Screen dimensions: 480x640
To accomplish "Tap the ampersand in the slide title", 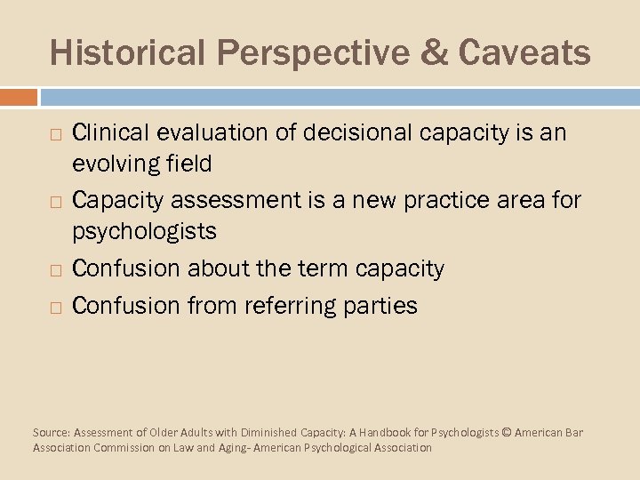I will pyautogui.click(x=436, y=52).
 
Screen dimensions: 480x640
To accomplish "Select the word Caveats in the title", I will pyautogui.click(x=524, y=52).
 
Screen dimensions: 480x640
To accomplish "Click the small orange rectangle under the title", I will pyautogui.click(x=19, y=96).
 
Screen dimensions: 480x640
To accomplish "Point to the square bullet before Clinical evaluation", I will pyautogui.click(x=56, y=135).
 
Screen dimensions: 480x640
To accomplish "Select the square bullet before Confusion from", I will pyautogui.click(x=56, y=308).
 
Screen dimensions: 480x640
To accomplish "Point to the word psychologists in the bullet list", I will pyautogui.click(x=144, y=232).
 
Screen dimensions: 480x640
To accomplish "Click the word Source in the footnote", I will pyautogui.click(x=51, y=433).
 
